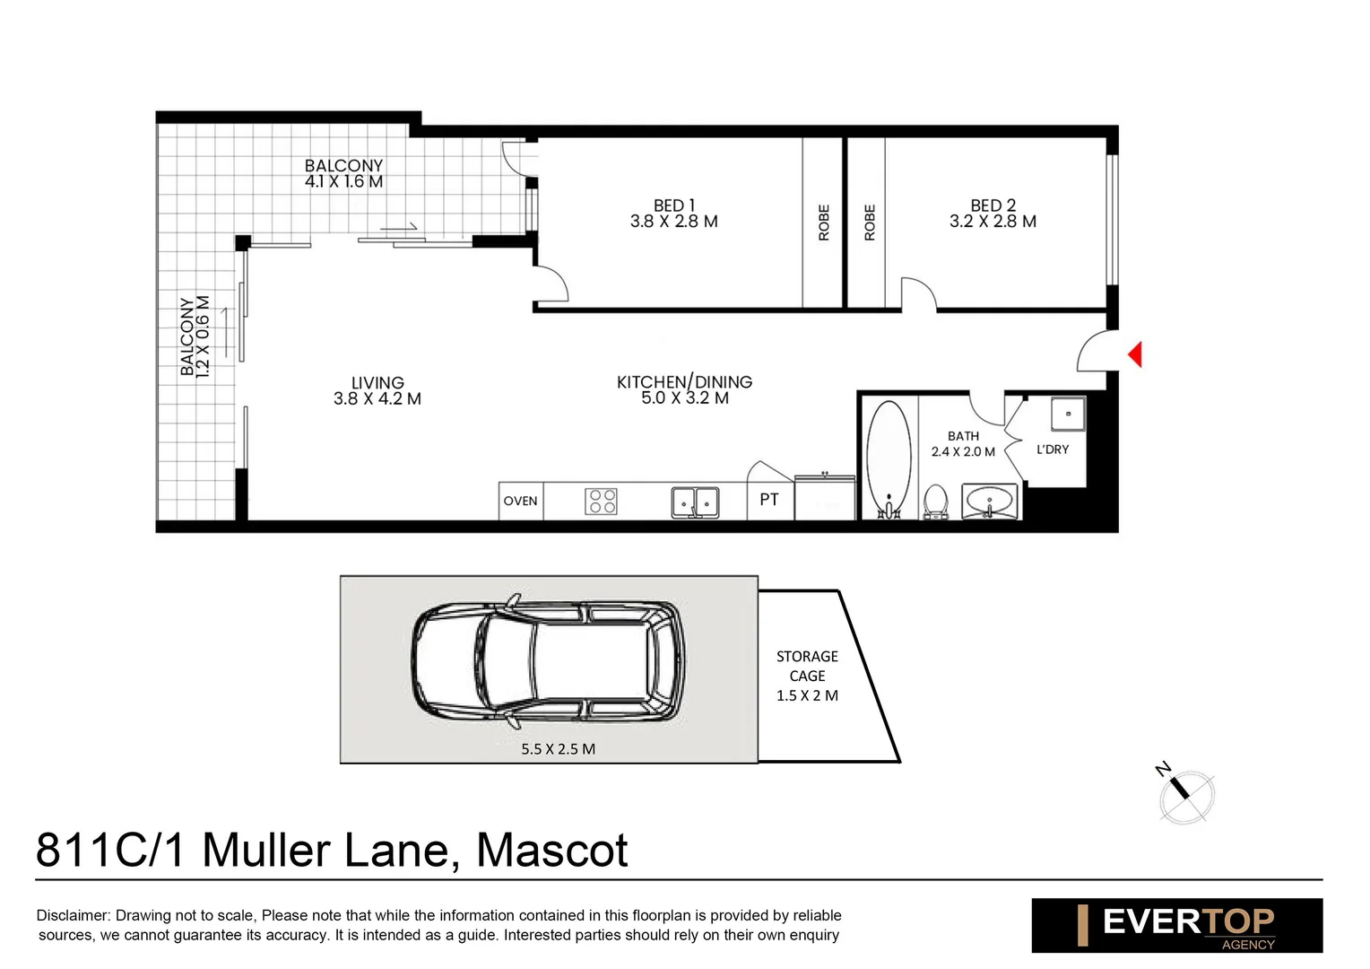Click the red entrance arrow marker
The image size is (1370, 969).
pyautogui.click(x=1135, y=354)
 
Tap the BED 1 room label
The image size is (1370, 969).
pyautogui.click(x=673, y=205)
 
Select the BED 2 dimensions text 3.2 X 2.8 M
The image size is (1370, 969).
pyautogui.click(x=993, y=222)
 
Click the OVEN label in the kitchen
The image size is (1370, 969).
pyautogui.click(x=520, y=502)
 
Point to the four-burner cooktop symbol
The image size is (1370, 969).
pyautogui.click(x=601, y=502)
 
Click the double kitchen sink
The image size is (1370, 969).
pyautogui.click(x=695, y=502)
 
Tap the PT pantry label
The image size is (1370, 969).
pyautogui.click(x=769, y=500)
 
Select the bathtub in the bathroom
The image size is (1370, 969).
pyautogui.click(x=889, y=458)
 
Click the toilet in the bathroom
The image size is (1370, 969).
pyautogui.click(x=935, y=502)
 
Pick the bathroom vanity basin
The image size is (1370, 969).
pyautogui.click(x=990, y=501)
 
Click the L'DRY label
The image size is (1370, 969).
pyautogui.click(x=1053, y=450)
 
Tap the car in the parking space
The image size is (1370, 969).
pyautogui.click(x=547, y=661)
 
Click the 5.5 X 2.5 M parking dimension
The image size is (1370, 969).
pyautogui.click(x=558, y=749)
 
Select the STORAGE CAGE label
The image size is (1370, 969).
pyautogui.click(x=807, y=666)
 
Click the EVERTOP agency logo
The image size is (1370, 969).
pyautogui.click(x=1176, y=925)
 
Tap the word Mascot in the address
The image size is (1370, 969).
pyautogui.click(x=551, y=851)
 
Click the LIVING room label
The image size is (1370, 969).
pyautogui.click(x=377, y=383)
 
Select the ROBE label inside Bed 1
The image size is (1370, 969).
pyautogui.click(x=823, y=223)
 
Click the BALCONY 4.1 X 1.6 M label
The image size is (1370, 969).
pyautogui.click(x=343, y=173)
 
